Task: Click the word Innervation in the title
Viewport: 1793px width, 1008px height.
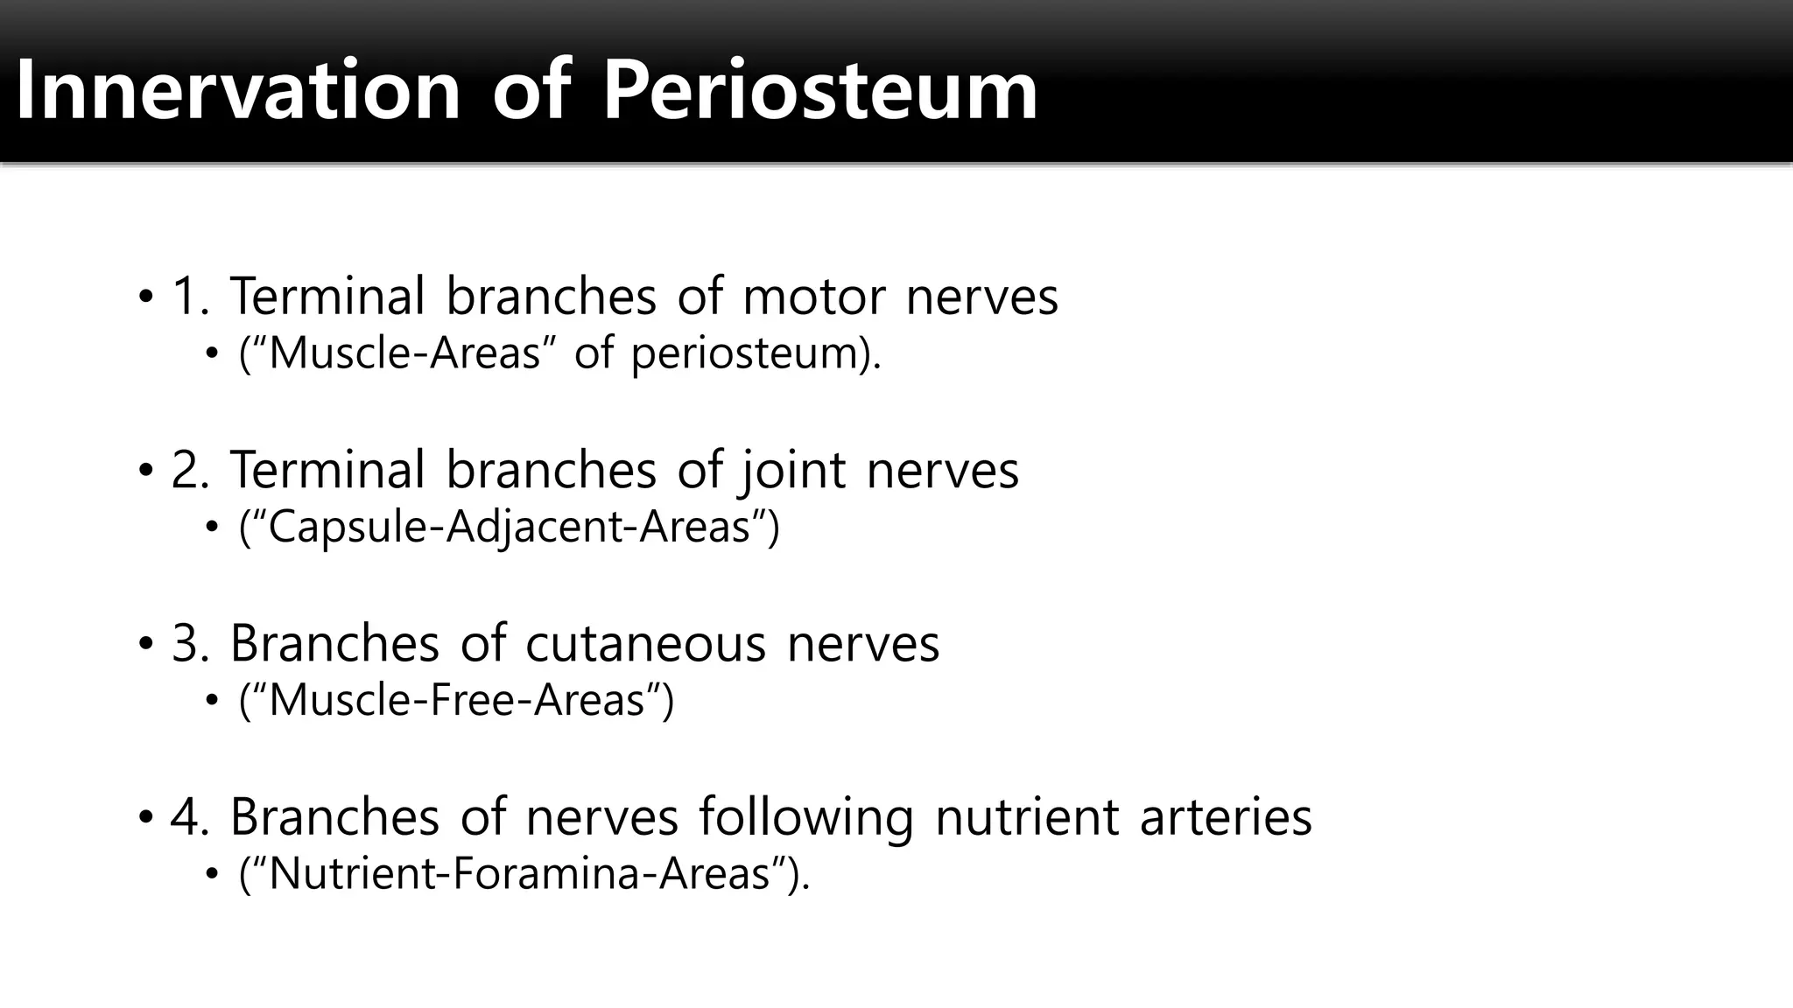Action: [237, 90]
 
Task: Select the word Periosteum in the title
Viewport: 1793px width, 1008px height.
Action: [819, 90]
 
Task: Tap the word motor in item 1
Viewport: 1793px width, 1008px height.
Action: [813, 297]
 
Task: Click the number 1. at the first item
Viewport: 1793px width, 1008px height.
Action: [190, 297]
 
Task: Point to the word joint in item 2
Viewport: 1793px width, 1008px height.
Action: [793, 470]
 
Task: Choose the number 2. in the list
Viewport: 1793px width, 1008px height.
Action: [190, 470]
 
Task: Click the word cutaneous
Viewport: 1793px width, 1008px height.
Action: [645, 644]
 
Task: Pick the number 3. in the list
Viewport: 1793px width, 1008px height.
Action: [190, 644]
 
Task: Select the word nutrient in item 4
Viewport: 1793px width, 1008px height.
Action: [1026, 817]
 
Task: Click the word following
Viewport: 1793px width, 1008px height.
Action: [805, 817]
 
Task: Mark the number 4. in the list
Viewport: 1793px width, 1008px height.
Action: [190, 817]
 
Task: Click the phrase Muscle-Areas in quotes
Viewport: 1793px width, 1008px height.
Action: [405, 353]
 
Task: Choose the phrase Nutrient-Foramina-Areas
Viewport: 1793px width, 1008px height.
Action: [519, 874]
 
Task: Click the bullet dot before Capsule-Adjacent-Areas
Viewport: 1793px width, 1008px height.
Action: [211, 528]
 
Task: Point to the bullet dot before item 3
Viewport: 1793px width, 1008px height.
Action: [145, 645]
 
